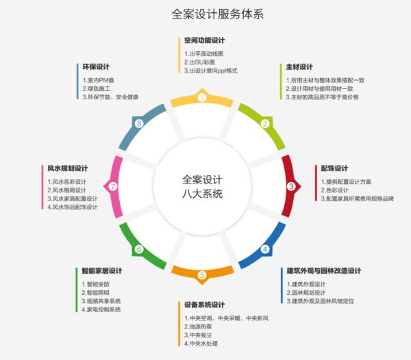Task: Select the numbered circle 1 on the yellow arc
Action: [202, 98]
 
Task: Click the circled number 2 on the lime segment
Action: [264, 124]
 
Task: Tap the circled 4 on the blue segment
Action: [265, 249]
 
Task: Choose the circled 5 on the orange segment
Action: [202, 275]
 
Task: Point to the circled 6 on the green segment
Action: [139, 249]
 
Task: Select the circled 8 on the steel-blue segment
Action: [139, 124]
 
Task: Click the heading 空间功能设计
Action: [204, 40]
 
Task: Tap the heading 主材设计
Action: [299, 67]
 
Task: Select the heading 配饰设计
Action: [335, 168]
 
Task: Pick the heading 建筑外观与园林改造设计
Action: [323, 270]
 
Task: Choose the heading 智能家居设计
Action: [101, 270]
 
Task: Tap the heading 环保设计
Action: [97, 67]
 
